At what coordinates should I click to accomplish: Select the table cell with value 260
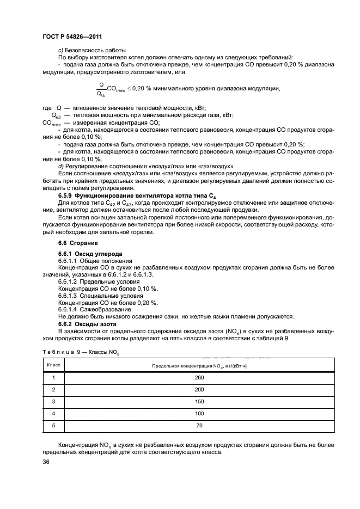click(199, 377)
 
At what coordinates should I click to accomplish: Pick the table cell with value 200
click(199, 390)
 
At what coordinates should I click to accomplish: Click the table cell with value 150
click(199, 402)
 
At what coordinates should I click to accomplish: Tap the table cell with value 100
click(199, 414)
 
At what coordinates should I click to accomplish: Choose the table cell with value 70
click(199, 426)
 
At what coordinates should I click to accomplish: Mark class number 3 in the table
click(53, 402)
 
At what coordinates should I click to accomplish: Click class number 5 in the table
click(53, 426)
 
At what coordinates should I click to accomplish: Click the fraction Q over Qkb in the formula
click(100, 88)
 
